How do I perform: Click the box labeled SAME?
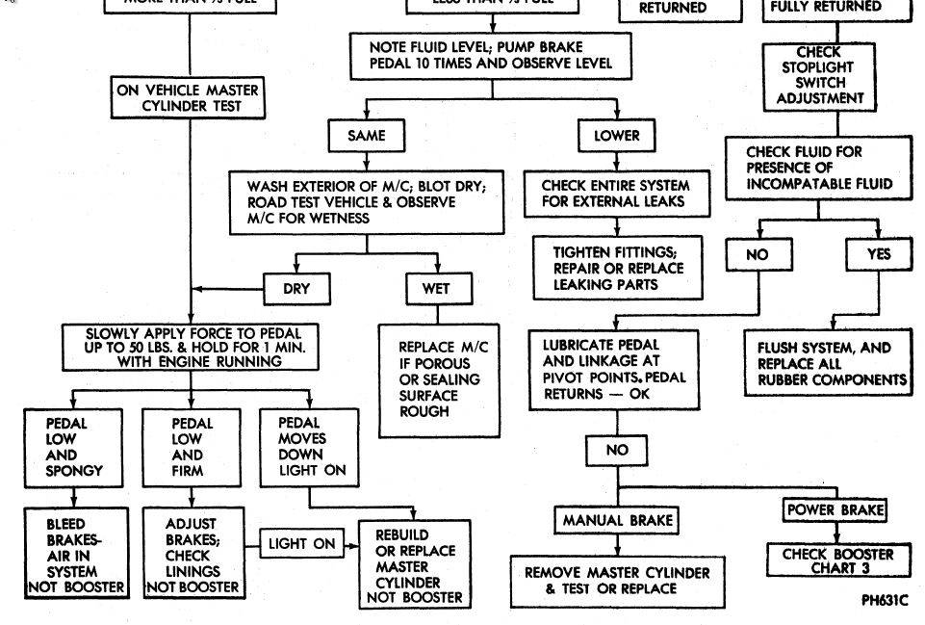(365, 136)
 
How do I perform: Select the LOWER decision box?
(616, 136)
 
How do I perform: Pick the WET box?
(435, 287)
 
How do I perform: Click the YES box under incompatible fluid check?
(878, 254)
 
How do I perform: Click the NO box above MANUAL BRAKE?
(616, 450)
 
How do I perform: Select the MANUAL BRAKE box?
(616, 521)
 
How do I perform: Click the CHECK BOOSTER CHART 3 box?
(837, 560)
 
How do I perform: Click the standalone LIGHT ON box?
(302, 544)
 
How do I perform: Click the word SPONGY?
(74, 471)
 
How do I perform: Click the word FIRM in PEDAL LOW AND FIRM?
(190, 471)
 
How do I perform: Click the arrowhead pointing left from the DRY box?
(197, 287)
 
